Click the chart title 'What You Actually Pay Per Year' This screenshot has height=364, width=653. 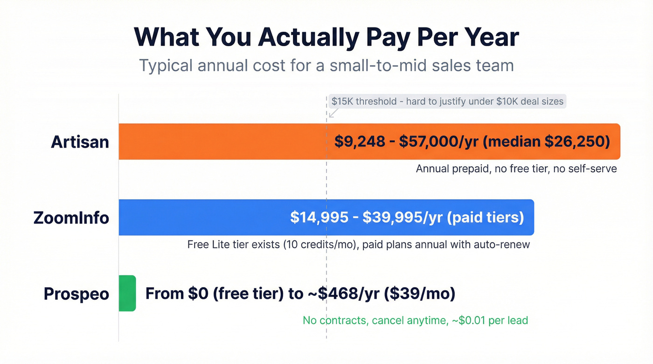(326, 37)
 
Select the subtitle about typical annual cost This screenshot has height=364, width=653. (326, 65)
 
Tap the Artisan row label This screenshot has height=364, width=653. (80, 142)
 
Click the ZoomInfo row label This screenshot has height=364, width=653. (71, 218)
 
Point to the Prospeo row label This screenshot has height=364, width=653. (76, 294)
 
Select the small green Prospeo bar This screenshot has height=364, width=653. (127, 293)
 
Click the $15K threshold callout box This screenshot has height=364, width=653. (447, 101)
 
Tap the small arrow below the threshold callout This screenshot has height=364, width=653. (333, 113)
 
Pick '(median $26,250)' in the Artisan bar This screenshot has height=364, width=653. (546, 142)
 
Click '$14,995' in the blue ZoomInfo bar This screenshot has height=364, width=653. (319, 218)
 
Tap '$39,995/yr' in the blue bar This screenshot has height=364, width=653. (403, 218)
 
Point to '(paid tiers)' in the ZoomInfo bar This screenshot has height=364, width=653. (486, 218)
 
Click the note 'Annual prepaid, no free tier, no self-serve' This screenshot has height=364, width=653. (516, 169)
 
